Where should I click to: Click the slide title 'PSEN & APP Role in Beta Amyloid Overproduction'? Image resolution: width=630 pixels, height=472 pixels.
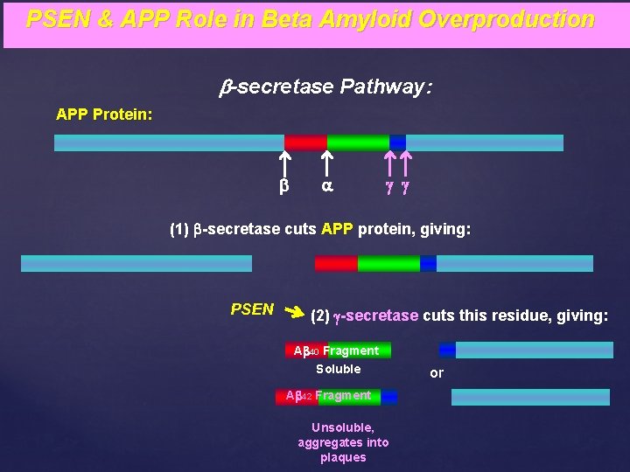[311, 19]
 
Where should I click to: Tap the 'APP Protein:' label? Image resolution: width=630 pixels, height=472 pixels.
[104, 115]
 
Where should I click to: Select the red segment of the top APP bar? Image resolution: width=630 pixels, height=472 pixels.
[305, 142]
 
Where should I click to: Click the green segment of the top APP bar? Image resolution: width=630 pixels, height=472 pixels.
[357, 142]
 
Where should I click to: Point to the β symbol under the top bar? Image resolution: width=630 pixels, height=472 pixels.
[284, 186]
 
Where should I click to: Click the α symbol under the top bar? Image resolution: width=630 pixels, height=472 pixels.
[326, 186]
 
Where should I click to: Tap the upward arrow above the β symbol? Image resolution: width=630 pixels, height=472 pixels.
[284, 162]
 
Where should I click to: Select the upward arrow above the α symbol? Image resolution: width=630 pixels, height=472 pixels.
[325, 162]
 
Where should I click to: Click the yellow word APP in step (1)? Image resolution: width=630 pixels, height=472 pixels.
[337, 230]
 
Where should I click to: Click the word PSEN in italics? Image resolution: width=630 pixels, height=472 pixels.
[252, 309]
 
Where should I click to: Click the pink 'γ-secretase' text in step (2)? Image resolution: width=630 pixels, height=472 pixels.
[377, 316]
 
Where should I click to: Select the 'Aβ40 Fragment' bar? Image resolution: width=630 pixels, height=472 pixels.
[338, 351]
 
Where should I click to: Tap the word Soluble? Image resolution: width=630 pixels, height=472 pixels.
[338, 370]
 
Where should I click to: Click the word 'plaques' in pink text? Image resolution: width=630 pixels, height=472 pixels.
[343, 457]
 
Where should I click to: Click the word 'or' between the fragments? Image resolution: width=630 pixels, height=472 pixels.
[437, 373]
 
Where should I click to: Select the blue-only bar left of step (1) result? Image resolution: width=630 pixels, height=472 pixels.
[136, 263]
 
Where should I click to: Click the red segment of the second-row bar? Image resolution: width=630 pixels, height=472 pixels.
[336, 263]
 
